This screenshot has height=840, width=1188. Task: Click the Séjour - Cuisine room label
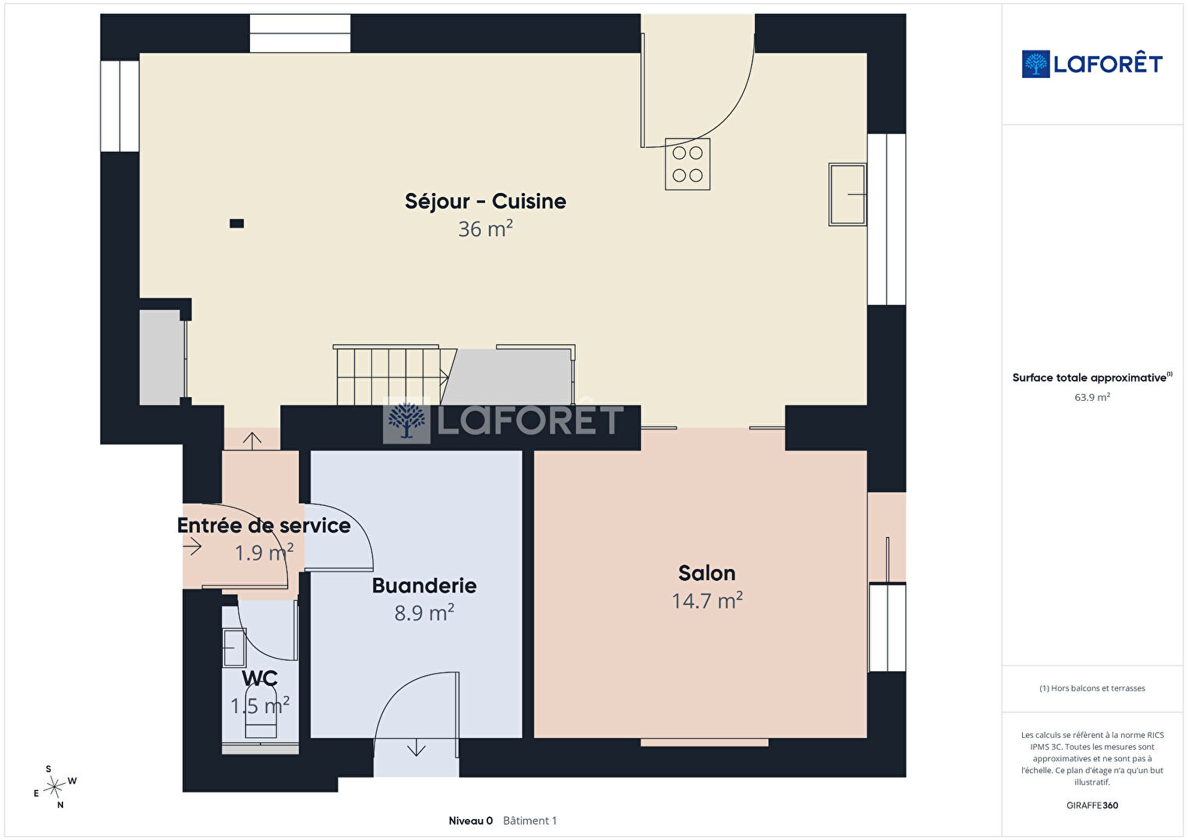coord(485,202)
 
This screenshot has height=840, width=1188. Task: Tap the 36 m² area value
coord(485,229)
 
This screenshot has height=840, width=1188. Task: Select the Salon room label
coord(707,573)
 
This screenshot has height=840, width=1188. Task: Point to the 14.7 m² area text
coord(707,601)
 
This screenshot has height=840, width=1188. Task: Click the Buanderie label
coord(424,585)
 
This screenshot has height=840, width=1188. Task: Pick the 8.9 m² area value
coord(424,613)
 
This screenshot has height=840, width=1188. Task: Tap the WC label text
coord(260,678)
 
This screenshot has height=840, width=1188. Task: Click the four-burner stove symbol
coord(687,163)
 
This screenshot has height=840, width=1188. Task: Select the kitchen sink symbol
coord(848,195)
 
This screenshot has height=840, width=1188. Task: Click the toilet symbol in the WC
coord(261,711)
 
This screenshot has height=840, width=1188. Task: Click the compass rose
coord(54,787)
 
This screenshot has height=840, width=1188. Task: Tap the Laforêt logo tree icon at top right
coord(1035,64)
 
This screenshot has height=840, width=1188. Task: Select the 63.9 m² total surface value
coord(1092,397)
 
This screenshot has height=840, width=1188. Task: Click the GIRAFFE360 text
coord(1092,805)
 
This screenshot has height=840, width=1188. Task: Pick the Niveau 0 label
coord(470,821)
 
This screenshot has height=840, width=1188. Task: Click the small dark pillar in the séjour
coord(237,223)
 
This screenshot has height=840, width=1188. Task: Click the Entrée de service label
coord(264,525)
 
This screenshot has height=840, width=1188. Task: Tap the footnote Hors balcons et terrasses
coord(1092,688)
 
